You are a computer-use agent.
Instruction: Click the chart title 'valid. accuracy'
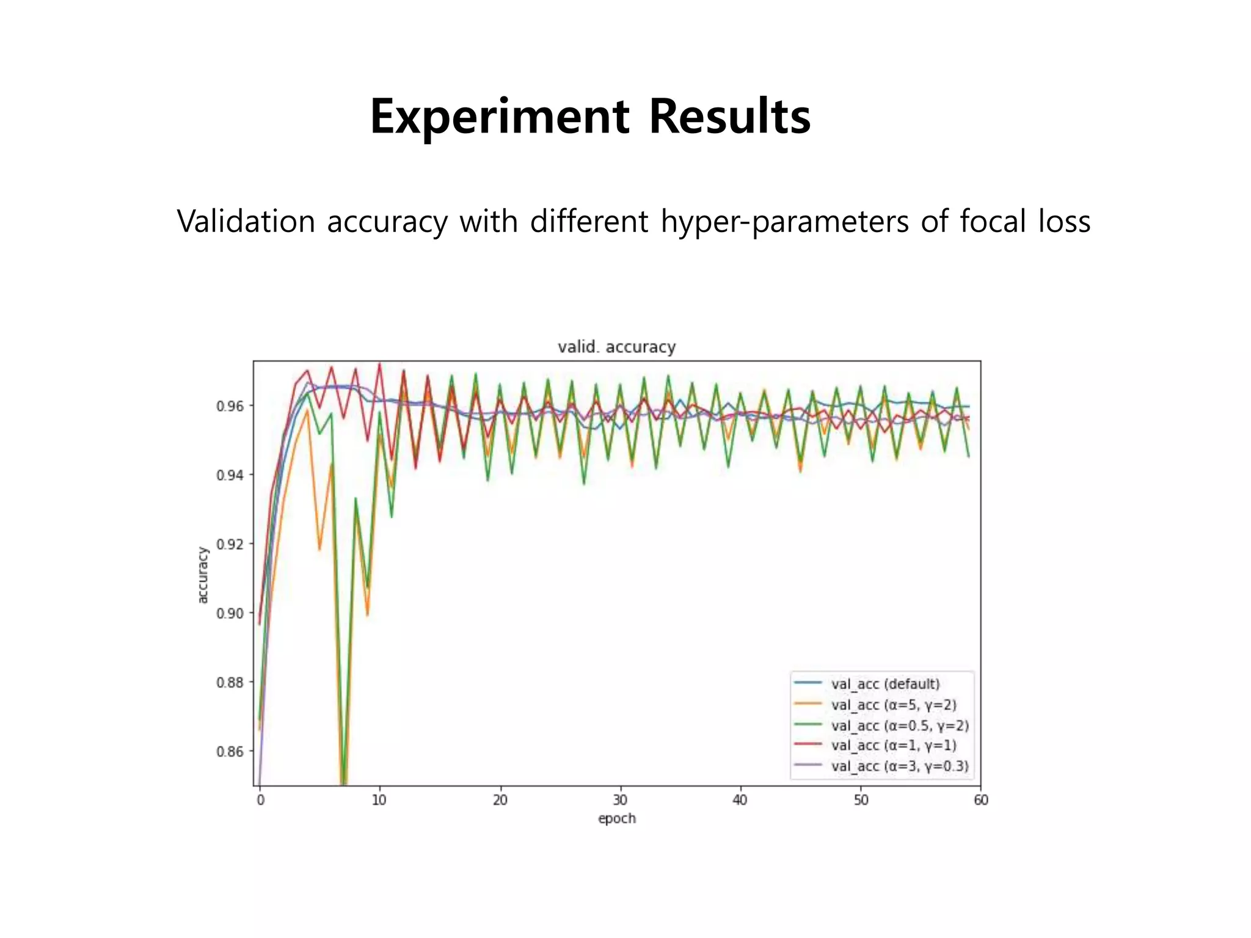point(616,347)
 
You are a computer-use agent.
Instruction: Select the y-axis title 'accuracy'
point(203,575)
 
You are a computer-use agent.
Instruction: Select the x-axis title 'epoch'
point(616,818)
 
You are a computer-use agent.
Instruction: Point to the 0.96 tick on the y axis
point(230,406)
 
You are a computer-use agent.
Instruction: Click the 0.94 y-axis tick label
point(230,475)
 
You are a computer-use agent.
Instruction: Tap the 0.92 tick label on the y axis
point(230,544)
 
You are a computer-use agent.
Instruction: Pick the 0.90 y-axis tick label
point(230,613)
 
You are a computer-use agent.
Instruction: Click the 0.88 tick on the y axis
point(230,682)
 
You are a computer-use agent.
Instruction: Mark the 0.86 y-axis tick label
point(230,751)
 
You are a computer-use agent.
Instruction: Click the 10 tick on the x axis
point(379,800)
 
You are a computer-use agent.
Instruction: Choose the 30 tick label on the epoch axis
point(620,800)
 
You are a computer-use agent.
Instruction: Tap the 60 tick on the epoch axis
point(980,800)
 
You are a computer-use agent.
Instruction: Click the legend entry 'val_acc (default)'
point(885,684)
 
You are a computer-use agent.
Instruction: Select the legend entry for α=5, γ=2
point(893,705)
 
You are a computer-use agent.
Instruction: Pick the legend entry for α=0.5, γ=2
point(899,725)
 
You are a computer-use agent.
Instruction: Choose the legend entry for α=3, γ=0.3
point(899,766)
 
